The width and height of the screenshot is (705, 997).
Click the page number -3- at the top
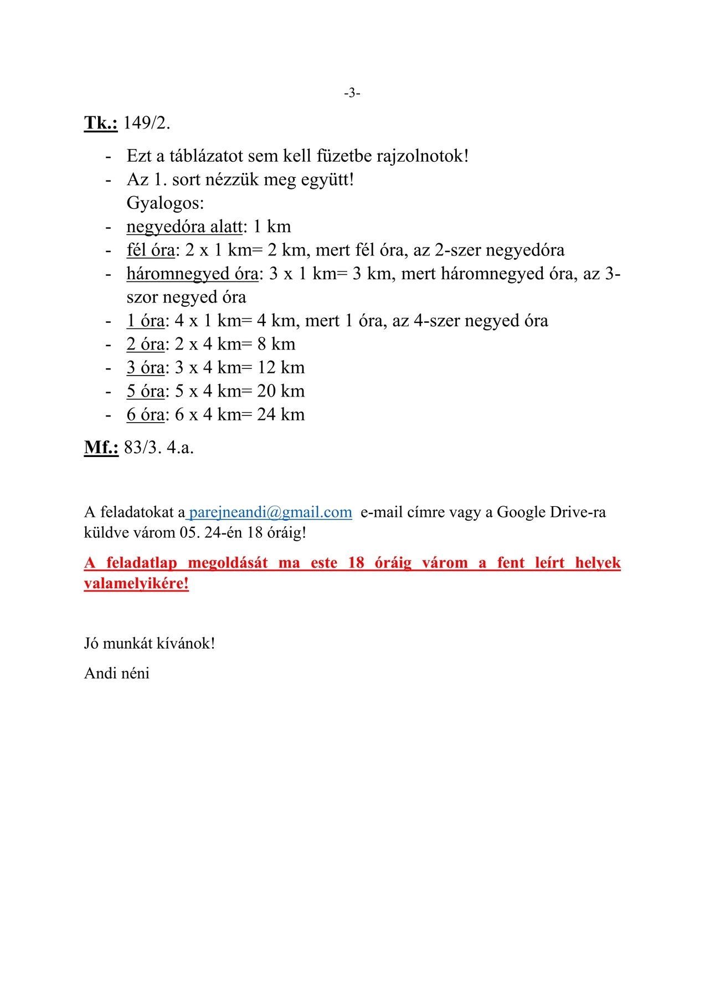click(352, 93)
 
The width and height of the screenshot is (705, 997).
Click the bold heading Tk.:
click(100, 123)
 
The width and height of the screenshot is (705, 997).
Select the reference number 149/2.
click(147, 123)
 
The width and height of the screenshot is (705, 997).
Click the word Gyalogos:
click(165, 203)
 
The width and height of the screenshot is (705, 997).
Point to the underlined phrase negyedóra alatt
click(184, 227)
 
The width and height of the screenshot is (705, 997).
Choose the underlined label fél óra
click(150, 250)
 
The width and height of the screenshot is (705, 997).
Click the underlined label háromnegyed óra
click(192, 274)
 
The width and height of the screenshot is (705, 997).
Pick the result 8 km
click(276, 345)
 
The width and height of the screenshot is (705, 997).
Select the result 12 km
click(281, 368)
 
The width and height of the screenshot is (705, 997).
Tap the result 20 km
click(281, 392)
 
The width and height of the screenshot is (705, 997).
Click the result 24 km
click(281, 415)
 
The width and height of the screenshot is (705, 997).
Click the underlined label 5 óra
click(146, 392)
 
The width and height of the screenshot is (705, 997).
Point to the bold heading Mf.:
click(101, 448)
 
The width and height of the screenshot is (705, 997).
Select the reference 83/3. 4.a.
click(159, 448)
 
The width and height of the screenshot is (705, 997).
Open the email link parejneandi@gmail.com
click(270, 512)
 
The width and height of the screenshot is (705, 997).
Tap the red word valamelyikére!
click(136, 583)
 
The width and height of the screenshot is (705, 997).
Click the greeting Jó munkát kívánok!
click(150, 644)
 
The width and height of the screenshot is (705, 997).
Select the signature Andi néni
click(117, 674)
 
